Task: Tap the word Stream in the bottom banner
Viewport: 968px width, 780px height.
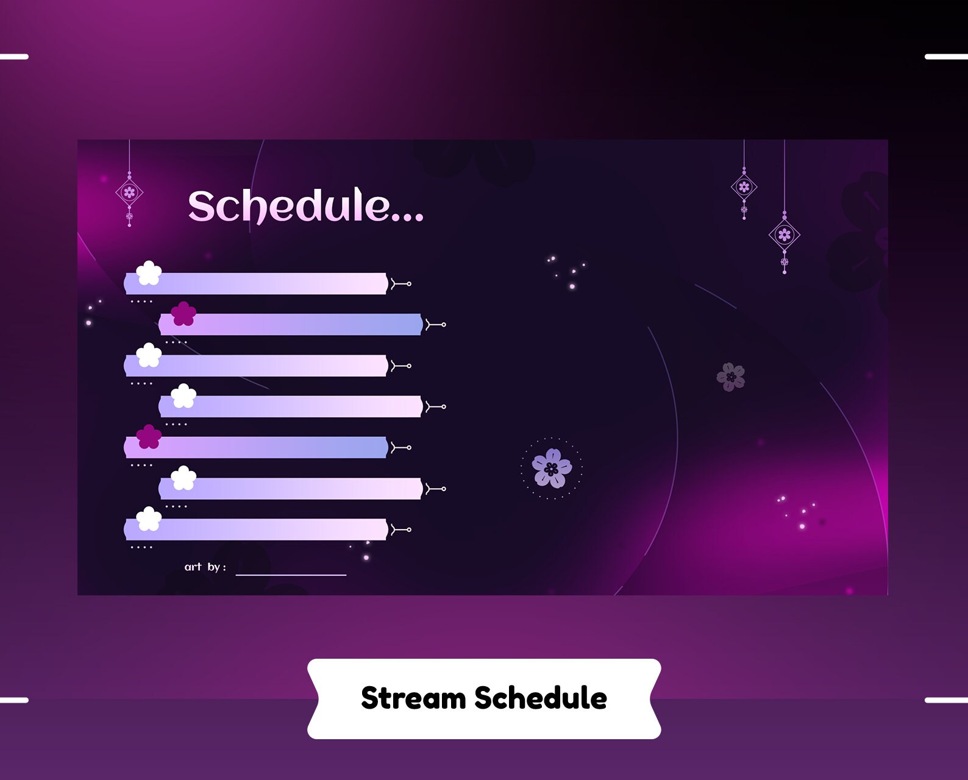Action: (x=413, y=698)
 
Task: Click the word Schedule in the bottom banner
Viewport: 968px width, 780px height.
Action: (x=540, y=698)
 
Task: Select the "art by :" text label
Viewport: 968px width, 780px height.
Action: (x=205, y=567)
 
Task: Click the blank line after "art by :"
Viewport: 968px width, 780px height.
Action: (x=291, y=574)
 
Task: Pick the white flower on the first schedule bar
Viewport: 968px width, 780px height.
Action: (x=149, y=273)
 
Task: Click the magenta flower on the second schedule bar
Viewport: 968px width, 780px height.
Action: (x=183, y=314)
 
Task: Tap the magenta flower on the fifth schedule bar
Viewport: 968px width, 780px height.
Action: (x=149, y=436)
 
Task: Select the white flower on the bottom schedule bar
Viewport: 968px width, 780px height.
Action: (x=149, y=519)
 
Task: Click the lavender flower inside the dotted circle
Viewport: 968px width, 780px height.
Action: (x=552, y=468)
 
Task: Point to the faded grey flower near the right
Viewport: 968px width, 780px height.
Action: (x=731, y=377)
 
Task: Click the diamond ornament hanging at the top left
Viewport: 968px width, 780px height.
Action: (x=129, y=193)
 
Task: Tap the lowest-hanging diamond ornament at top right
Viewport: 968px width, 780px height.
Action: (x=785, y=235)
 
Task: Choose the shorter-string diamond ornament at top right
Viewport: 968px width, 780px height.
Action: (x=744, y=187)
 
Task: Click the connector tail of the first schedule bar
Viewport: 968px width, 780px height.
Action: (x=401, y=284)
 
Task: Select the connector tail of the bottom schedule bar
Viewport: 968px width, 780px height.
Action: (x=401, y=530)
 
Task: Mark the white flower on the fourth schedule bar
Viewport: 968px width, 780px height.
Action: (x=183, y=396)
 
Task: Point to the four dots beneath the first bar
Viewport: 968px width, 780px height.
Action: (x=141, y=302)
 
